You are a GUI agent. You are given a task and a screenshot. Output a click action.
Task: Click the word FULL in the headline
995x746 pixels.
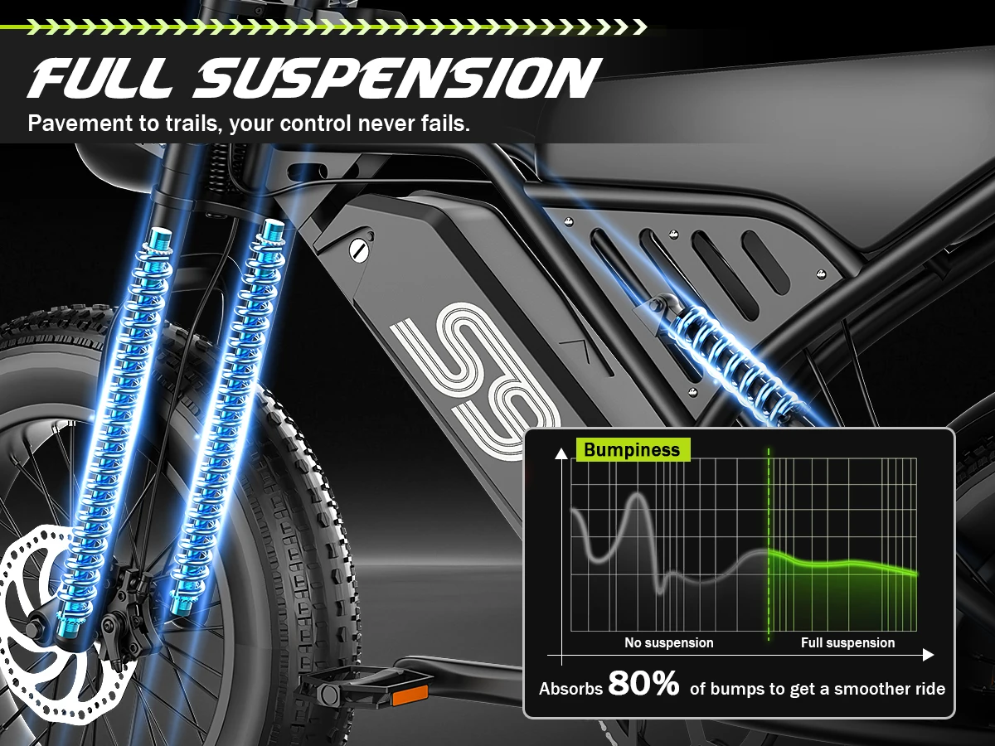(101, 77)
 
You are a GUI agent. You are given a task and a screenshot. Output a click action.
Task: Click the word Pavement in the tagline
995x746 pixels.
(80, 124)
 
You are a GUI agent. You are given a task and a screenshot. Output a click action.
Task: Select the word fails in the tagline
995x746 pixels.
(445, 124)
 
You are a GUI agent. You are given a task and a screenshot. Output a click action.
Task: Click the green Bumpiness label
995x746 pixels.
(633, 450)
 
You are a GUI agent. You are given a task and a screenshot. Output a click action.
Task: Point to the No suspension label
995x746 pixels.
(668, 642)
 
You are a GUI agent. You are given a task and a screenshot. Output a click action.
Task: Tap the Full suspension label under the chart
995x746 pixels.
(847, 642)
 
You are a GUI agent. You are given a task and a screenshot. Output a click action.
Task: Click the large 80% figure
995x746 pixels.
(643, 683)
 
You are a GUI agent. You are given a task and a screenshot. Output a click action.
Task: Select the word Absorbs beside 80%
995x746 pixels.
(570, 689)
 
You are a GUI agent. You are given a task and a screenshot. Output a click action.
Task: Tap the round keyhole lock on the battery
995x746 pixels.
(359, 250)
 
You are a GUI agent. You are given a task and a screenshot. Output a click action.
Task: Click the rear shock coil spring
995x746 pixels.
(735, 358)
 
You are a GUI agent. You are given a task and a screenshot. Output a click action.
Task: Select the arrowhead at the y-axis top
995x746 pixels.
(561, 453)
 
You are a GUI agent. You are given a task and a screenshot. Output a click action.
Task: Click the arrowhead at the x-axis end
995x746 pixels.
(929, 655)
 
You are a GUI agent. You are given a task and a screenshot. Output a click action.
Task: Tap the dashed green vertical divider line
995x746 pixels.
(769, 545)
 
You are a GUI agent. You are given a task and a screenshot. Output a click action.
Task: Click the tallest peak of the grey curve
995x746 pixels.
(638, 495)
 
